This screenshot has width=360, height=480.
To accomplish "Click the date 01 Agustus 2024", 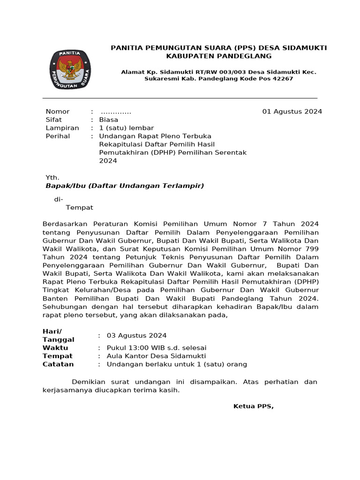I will [292, 112].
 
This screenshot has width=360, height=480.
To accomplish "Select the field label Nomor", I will [57, 112].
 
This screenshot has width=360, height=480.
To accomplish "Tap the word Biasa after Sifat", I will [108, 120].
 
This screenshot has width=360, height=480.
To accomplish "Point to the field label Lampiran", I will [62, 128].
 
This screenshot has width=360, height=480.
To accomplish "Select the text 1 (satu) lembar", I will [126, 128].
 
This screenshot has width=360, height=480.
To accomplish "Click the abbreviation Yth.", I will [52, 178].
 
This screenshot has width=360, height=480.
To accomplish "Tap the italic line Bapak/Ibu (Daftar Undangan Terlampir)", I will [125, 186].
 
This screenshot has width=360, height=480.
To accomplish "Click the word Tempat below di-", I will [79, 208].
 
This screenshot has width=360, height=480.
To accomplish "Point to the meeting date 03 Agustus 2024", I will [136, 336].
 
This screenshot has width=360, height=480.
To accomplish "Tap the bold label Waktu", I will [55, 348].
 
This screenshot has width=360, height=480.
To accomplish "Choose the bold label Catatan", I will [58, 364].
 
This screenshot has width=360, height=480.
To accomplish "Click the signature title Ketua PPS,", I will [253, 406].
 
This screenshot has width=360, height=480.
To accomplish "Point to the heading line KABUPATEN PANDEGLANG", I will [219, 56].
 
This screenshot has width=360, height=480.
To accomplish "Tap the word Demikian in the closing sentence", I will [89, 382].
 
